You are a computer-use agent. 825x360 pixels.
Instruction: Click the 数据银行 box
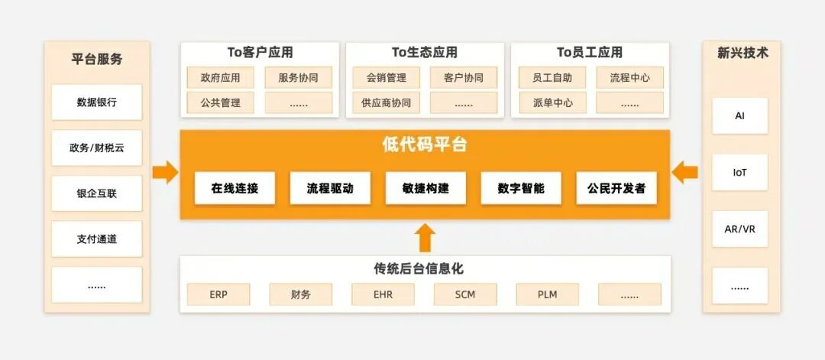pyautogui.click(x=97, y=102)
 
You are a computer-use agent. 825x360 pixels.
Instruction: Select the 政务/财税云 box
pyautogui.click(x=97, y=148)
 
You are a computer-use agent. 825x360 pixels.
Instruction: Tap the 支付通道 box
pyautogui.click(x=97, y=239)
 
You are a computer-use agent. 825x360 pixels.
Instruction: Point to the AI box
pyautogui.click(x=739, y=116)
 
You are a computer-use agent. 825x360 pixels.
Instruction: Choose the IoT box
pyautogui.click(x=739, y=173)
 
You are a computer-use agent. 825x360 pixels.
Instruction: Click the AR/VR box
pyautogui.click(x=739, y=229)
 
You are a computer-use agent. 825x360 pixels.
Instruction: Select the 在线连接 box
pyautogui.click(x=235, y=188)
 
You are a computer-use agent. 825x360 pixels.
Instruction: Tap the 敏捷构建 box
pyautogui.click(x=425, y=188)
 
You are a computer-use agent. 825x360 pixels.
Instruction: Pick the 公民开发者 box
pyautogui.click(x=616, y=188)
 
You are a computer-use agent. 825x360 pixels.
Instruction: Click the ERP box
pyautogui.click(x=218, y=294)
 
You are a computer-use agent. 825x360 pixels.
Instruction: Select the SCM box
pyautogui.click(x=465, y=294)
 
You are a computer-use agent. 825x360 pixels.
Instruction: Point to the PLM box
pyautogui.click(x=548, y=294)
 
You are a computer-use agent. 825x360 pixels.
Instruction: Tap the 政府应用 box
pyautogui.click(x=221, y=78)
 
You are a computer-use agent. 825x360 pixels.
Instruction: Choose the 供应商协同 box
pyautogui.click(x=386, y=102)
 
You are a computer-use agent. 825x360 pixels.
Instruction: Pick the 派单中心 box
pyautogui.click(x=552, y=102)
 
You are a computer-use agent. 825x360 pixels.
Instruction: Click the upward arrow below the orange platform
pyautogui.click(x=425, y=237)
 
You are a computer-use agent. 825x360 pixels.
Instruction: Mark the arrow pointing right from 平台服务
pyautogui.click(x=165, y=172)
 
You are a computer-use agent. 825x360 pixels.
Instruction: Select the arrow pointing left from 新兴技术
pyautogui.click(x=685, y=172)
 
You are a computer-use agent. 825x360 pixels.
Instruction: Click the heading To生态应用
pyautogui.click(x=425, y=53)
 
